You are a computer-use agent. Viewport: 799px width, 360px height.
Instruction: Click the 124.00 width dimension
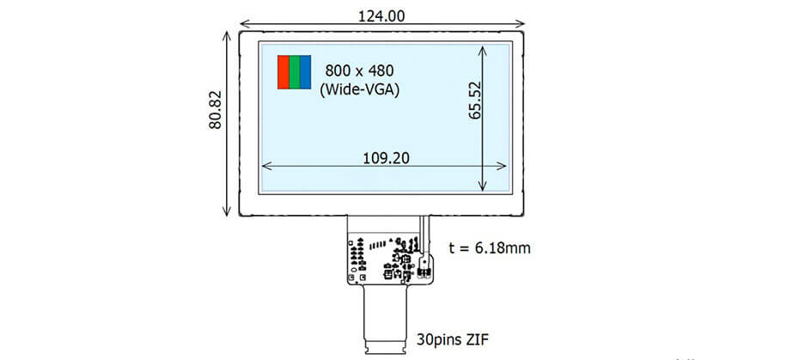381,16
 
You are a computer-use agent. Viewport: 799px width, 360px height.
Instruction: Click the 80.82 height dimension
215,110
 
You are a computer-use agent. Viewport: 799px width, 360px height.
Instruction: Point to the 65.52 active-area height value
474,100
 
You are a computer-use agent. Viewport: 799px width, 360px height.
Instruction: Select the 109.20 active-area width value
387,158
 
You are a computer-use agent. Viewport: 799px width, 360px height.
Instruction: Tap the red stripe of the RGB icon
284,72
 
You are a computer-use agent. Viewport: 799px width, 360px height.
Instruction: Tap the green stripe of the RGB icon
295,72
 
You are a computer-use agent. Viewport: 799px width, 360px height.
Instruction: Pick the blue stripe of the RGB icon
305,72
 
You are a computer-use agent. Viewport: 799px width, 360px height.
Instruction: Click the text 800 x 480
360,70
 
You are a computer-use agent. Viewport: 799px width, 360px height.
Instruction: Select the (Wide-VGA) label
359,89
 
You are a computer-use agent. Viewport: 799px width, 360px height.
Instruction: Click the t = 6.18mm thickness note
489,248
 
